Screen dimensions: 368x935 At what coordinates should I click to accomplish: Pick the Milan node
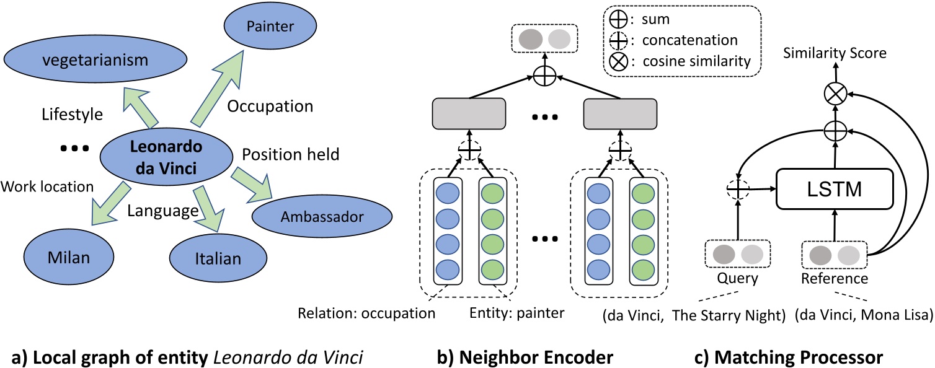coord(69,256)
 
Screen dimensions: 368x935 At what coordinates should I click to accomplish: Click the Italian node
coord(217,258)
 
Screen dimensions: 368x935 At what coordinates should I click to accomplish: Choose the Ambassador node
coord(322,216)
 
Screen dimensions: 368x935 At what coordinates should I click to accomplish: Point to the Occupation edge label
coord(270,105)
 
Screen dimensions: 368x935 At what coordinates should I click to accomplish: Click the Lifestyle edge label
coord(72,115)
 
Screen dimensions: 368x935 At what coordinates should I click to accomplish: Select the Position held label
coord(290,154)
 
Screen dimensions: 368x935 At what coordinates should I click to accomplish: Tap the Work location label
coord(47,186)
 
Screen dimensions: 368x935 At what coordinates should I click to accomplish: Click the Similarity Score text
coord(833,54)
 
